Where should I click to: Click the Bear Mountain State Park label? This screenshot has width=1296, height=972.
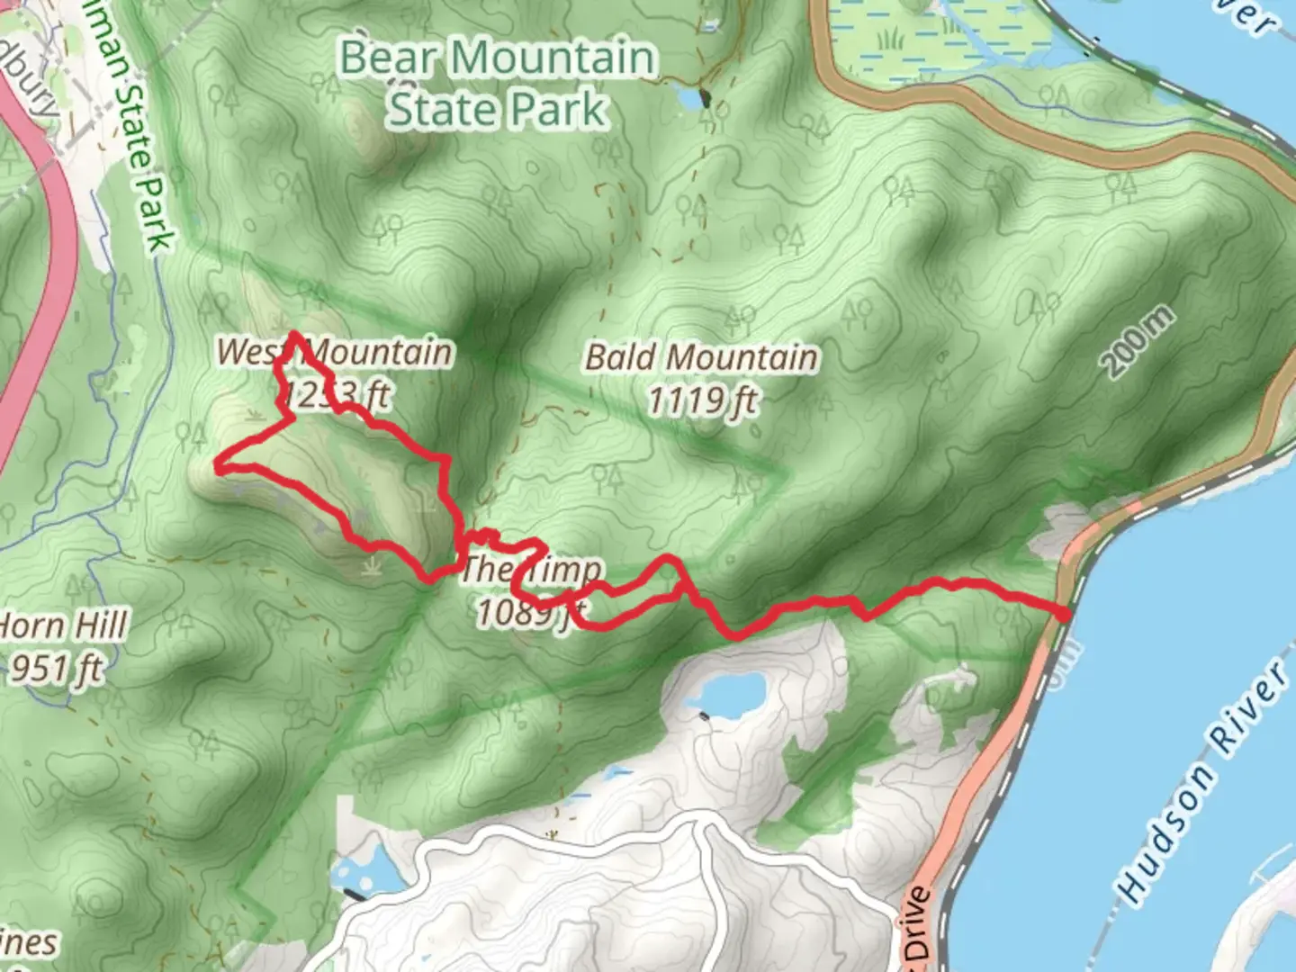498,83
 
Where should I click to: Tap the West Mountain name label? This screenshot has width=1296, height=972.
334,351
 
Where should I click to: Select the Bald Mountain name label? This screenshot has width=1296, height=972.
701,357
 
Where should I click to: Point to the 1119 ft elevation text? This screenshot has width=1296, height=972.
703,400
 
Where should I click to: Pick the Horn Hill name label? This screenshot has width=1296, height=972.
63,625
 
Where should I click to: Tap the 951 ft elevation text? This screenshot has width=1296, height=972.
56,669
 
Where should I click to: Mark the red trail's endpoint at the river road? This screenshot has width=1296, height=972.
1064,615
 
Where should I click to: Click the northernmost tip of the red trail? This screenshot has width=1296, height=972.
294,335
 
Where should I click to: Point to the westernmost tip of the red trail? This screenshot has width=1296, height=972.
218,465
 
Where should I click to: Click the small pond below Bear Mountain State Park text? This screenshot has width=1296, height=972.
689,96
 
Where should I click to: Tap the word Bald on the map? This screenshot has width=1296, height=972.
621,357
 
